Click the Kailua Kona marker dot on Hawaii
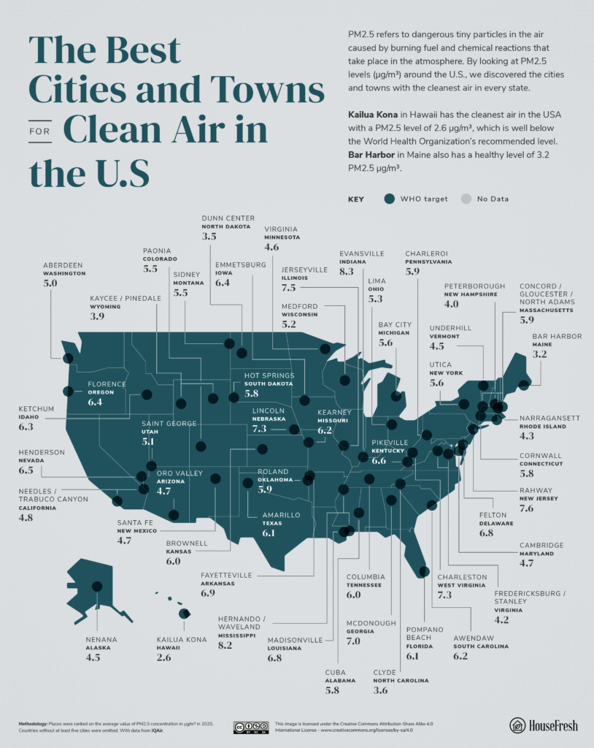[184, 614]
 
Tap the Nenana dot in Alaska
[97, 586]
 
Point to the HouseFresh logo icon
[517, 725]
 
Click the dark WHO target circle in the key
[389, 199]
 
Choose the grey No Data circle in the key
[465, 199]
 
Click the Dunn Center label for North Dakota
[228, 218]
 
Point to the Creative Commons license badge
[246, 727]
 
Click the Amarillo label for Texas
[281, 515]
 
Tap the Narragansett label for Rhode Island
[549, 419]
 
